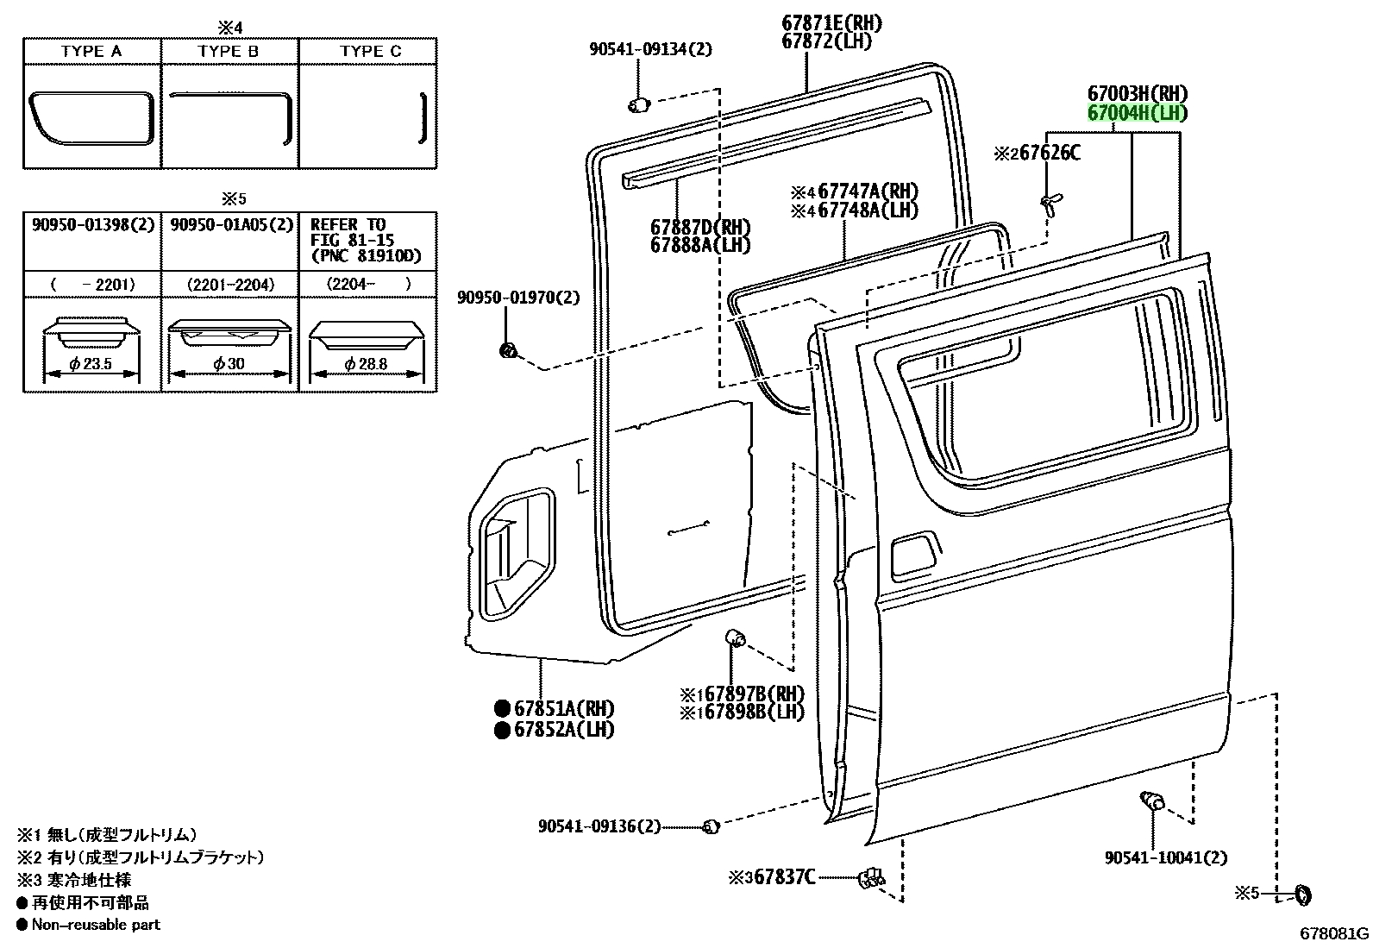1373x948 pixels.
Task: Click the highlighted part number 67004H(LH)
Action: tap(1137, 114)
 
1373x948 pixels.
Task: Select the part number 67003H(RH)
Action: tap(1138, 94)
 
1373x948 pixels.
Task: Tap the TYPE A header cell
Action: tap(92, 51)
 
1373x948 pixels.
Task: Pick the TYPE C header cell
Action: tap(368, 51)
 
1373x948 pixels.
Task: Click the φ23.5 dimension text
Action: tap(91, 364)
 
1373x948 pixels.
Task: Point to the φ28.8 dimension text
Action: tap(366, 364)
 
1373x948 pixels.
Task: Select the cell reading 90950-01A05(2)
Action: tap(232, 224)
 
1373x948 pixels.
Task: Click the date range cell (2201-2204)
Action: tap(230, 285)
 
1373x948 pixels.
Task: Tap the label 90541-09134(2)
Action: tap(651, 49)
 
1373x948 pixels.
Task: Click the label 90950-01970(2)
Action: tap(518, 298)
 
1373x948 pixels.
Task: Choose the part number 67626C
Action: tap(1050, 153)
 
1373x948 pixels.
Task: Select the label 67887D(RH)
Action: tap(700, 228)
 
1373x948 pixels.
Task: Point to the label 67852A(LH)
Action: tap(564, 730)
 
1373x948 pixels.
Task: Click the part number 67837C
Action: tap(785, 877)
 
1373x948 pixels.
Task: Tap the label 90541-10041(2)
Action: tap(1166, 857)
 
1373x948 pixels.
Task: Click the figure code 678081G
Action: tap(1334, 933)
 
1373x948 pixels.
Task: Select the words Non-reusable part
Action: tap(96, 924)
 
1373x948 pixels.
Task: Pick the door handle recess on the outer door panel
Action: tap(914, 555)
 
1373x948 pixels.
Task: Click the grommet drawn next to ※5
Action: tap(1304, 895)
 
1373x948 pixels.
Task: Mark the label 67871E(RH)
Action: tap(831, 24)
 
